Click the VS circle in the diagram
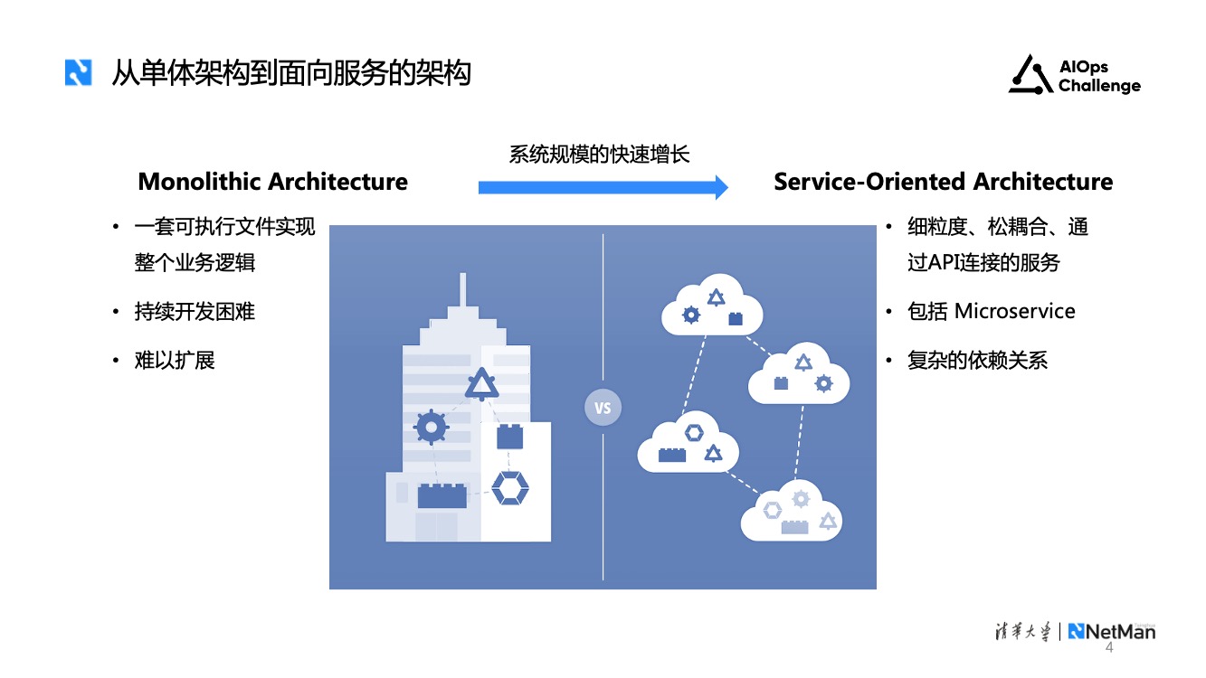(603, 408)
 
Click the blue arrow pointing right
(603, 187)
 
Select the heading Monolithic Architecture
(272, 182)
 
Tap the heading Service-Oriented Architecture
(943, 182)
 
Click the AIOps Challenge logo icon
(1030, 75)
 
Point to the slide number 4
(1110, 649)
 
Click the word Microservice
(1015, 312)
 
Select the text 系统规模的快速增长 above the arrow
(599, 154)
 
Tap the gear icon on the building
(431, 426)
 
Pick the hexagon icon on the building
(509, 489)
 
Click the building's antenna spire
(463, 291)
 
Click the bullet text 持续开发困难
(195, 312)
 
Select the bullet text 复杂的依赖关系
(977, 361)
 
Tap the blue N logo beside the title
(78, 72)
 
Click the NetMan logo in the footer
(1111, 631)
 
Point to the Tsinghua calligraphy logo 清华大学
(1019, 631)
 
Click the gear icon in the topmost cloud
(691, 315)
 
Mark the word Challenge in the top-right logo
(1099, 87)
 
